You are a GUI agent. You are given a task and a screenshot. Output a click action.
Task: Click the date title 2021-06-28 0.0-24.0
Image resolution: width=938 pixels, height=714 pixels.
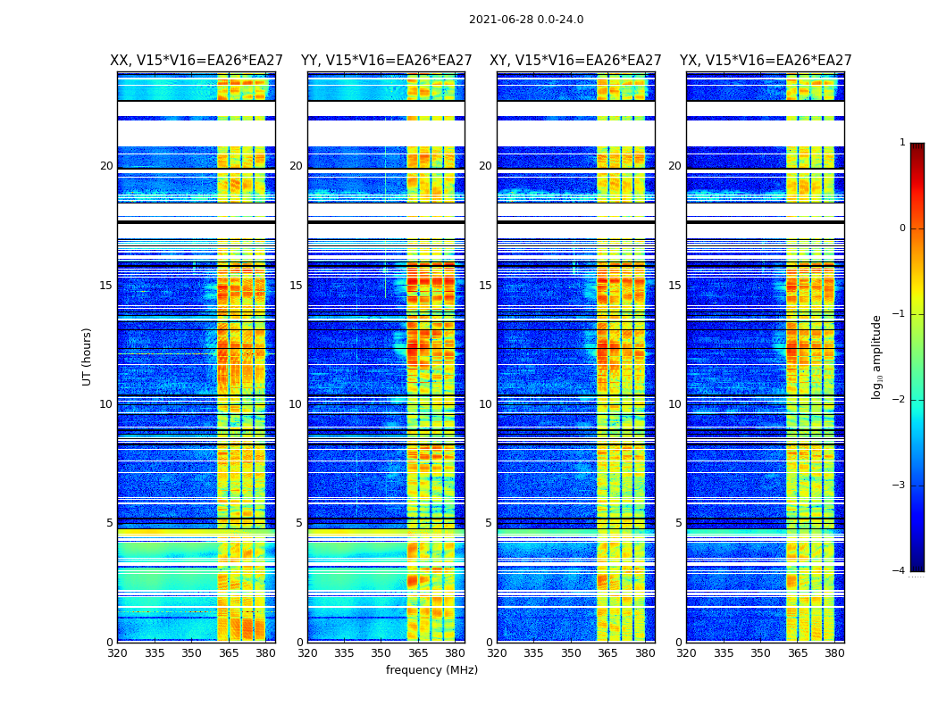tap(526, 20)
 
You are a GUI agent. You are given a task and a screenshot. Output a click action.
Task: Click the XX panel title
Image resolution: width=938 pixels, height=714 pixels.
tap(197, 61)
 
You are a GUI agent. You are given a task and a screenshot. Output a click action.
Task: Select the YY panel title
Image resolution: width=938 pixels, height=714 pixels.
tap(386, 61)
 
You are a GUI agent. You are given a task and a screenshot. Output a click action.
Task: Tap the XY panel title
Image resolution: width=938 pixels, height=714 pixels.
tap(575, 61)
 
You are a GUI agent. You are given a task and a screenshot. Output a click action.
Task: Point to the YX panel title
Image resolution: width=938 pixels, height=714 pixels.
tap(766, 61)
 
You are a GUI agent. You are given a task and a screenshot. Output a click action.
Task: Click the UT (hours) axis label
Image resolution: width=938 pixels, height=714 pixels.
tap(87, 356)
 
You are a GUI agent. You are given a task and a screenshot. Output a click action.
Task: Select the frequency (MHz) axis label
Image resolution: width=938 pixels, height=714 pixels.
tap(431, 670)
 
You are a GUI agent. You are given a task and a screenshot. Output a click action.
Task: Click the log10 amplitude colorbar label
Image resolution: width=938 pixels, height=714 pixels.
tap(877, 356)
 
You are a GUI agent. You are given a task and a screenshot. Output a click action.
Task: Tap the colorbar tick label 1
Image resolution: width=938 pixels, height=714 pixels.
tap(902, 143)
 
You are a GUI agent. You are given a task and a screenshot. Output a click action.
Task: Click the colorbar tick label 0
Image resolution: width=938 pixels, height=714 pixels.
tap(902, 228)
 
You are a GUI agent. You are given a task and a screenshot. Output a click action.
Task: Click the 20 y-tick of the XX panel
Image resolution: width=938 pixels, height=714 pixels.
tap(106, 166)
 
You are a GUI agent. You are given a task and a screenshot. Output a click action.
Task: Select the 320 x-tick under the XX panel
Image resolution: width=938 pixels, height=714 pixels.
tap(117, 653)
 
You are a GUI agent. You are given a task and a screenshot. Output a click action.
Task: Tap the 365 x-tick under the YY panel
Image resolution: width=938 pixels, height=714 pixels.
tap(418, 653)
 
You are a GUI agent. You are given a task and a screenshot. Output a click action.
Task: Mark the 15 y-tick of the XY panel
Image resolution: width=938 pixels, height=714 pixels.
tap(485, 286)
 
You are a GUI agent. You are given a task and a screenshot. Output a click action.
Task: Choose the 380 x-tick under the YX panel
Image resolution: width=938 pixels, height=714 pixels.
tap(834, 653)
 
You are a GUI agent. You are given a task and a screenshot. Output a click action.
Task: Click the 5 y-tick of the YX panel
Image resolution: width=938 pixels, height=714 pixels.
tap(678, 523)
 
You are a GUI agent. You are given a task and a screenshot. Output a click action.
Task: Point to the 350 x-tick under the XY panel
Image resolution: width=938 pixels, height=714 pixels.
tap(571, 653)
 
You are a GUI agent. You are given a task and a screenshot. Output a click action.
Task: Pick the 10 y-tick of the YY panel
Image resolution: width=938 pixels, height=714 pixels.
tap(296, 404)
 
